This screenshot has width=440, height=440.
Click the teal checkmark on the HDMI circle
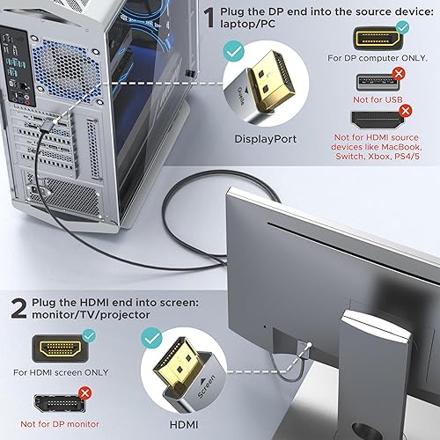152,336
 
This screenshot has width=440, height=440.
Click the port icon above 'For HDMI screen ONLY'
59,347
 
